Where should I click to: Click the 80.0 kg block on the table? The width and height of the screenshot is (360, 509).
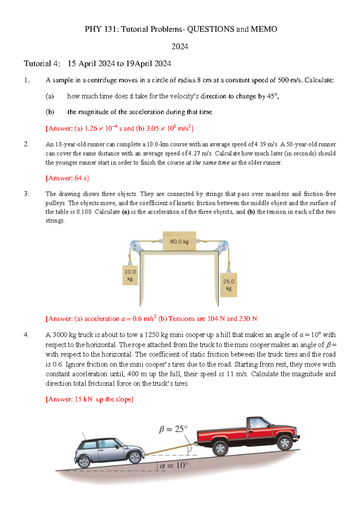coord(179,241)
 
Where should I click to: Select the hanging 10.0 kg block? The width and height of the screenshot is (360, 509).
coord(130,275)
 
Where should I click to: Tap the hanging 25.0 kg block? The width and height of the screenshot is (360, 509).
coord(229,285)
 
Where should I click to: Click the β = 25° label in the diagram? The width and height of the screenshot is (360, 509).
coord(173,429)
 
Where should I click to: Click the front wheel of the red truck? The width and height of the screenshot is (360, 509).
coord(284,442)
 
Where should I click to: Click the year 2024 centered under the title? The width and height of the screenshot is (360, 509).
coord(180,47)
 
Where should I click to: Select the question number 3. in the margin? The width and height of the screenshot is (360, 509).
coord(26,194)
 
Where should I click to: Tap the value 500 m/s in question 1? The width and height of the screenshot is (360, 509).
coord(290,80)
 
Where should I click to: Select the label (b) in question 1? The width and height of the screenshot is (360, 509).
coord(50,112)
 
